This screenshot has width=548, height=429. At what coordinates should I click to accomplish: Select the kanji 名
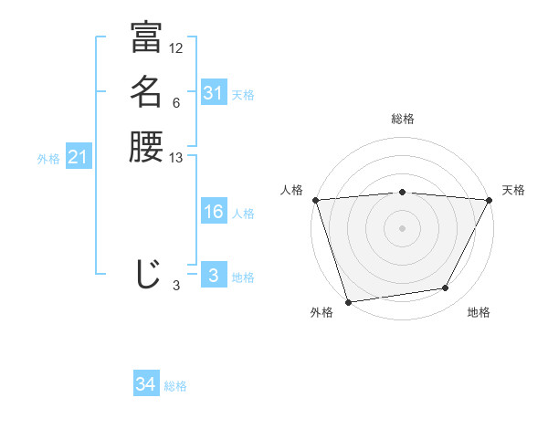(x=146, y=92)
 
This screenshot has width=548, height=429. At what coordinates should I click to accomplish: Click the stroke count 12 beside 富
(x=176, y=48)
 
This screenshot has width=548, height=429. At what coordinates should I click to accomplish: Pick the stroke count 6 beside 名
(x=175, y=103)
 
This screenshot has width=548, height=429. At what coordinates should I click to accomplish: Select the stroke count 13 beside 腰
(x=176, y=158)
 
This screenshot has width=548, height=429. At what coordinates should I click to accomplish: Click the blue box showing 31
(x=213, y=93)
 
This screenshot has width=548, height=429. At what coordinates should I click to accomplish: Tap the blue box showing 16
(x=213, y=212)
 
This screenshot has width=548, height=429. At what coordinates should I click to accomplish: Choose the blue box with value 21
(x=78, y=158)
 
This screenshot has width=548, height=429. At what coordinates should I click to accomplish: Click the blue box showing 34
(x=145, y=385)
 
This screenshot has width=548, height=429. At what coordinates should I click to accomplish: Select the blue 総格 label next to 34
(x=175, y=386)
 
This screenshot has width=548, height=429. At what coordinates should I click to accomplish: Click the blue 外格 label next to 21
(x=48, y=159)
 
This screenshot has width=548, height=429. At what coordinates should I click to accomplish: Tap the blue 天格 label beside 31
(x=243, y=94)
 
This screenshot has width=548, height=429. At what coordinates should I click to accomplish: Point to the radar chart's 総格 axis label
(x=402, y=119)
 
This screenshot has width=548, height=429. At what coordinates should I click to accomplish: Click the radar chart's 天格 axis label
(x=513, y=190)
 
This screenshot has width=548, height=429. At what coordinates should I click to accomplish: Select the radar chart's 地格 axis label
(x=479, y=312)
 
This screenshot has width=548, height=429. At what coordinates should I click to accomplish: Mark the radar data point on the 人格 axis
(x=315, y=200)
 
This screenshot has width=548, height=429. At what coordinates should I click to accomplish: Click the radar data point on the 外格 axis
(x=349, y=301)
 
